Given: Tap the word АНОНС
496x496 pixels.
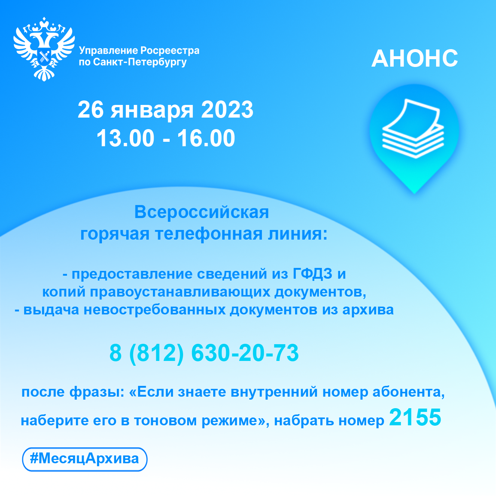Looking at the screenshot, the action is [x=415, y=58].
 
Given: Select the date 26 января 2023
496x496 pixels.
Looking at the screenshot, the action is [x=166, y=110].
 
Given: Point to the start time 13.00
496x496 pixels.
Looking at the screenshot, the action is [x=125, y=138].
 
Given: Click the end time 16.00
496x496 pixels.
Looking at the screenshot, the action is [x=206, y=138].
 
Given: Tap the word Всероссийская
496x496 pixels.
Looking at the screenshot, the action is [x=202, y=212].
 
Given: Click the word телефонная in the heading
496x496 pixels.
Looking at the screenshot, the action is [x=209, y=234].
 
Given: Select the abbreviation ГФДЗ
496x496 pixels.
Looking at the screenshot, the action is [x=312, y=273].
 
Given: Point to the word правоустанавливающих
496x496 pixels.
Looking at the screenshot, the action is [x=180, y=292].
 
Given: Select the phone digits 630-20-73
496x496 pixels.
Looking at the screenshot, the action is [x=245, y=353].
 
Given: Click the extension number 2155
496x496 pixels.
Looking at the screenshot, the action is [x=415, y=417].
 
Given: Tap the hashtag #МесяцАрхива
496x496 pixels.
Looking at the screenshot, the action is [x=84, y=458].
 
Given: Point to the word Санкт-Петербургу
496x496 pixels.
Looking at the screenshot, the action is [x=140, y=62].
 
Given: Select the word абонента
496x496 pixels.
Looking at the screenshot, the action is [x=409, y=392].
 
